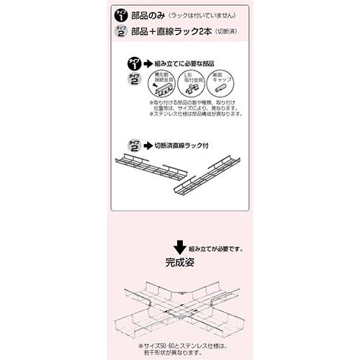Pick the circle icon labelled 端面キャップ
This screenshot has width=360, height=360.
pyautogui.click(x=219, y=88)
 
